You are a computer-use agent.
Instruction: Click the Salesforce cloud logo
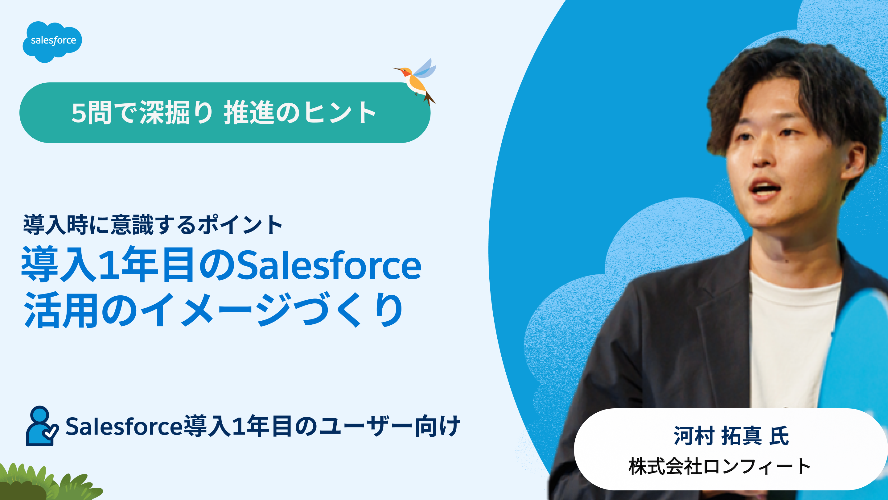(x=52, y=41)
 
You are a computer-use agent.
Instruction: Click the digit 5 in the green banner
(x=79, y=113)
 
